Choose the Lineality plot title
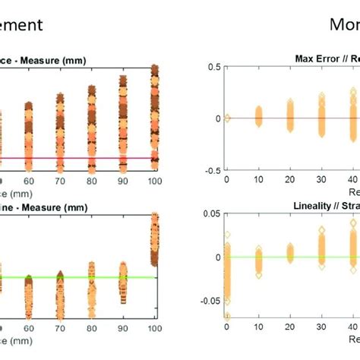pyautogui.click(x=319, y=205)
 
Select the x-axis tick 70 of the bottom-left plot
pyautogui.click(x=59, y=328)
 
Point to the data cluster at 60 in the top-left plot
pyautogui.click(x=29, y=137)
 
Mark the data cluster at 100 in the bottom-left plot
pyautogui.click(x=155, y=239)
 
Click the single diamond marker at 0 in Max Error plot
pyautogui.click(x=227, y=118)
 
